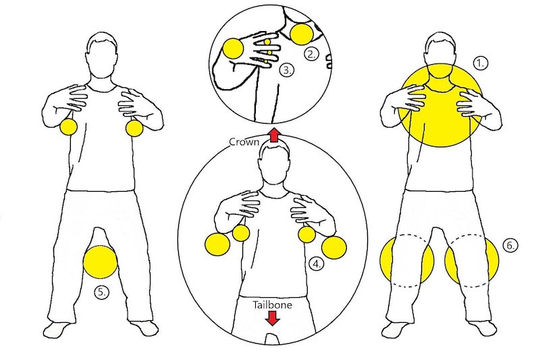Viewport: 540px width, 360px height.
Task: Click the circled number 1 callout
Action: (x=481, y=63)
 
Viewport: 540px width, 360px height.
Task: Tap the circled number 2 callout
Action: (x=311, y=53)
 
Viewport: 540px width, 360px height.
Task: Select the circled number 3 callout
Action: (x=286, y=69)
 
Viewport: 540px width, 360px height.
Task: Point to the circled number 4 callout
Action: (x=316, y=264)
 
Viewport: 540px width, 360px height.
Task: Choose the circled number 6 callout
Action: (x=511, y=247)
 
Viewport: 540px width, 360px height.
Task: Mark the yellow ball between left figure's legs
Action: (x=101, y=262)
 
